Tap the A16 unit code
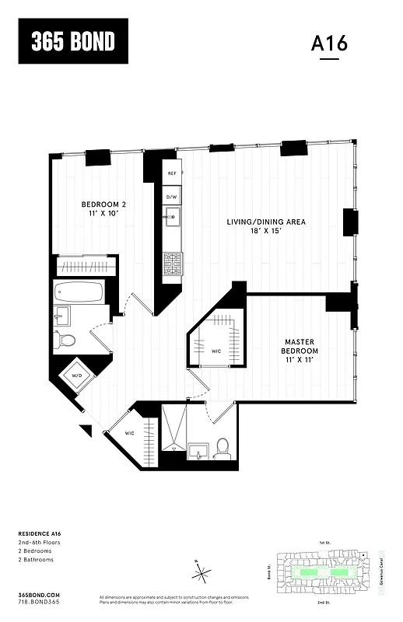point(329,44)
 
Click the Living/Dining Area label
point(266,227)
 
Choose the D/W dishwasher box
point(172,197)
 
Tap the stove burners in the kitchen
point(172,266)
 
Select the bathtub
point(78,293)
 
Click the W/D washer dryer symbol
point(78,376)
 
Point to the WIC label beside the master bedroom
point(216,349)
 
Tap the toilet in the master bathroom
point(223,447)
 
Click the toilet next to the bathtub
point(65,340)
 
